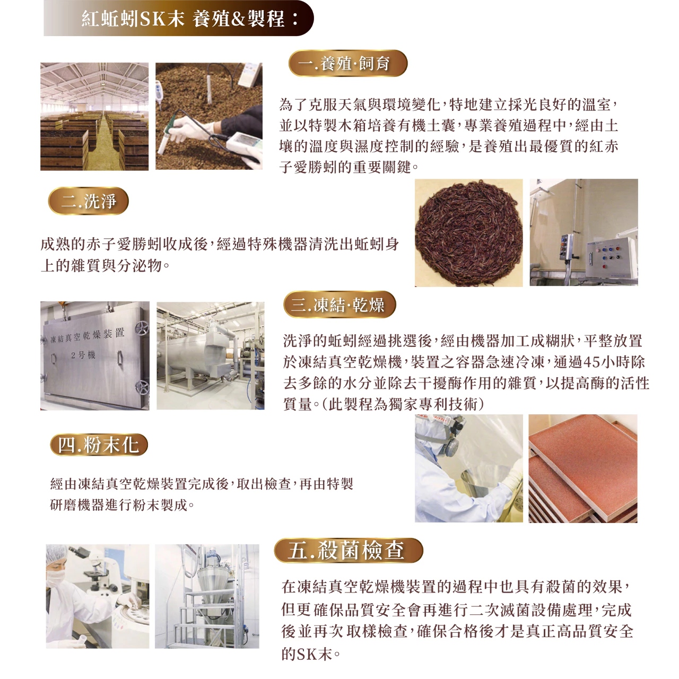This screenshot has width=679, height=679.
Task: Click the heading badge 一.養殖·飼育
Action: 348,64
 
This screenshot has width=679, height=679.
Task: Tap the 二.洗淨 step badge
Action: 89,201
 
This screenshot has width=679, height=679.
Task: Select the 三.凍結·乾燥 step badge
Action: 339,304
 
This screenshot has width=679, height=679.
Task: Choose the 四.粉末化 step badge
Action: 99,445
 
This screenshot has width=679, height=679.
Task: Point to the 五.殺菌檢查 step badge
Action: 349,550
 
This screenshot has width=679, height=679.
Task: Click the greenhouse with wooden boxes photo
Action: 94,117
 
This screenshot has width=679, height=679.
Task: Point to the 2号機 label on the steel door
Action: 83,355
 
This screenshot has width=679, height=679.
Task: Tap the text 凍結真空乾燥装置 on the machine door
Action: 88,336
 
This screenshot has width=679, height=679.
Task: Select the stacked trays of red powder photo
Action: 583,468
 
